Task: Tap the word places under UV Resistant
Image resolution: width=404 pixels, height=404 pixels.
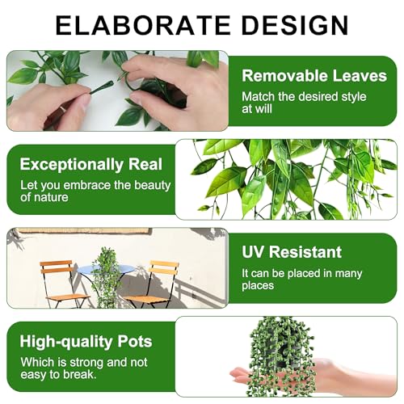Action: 259,285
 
